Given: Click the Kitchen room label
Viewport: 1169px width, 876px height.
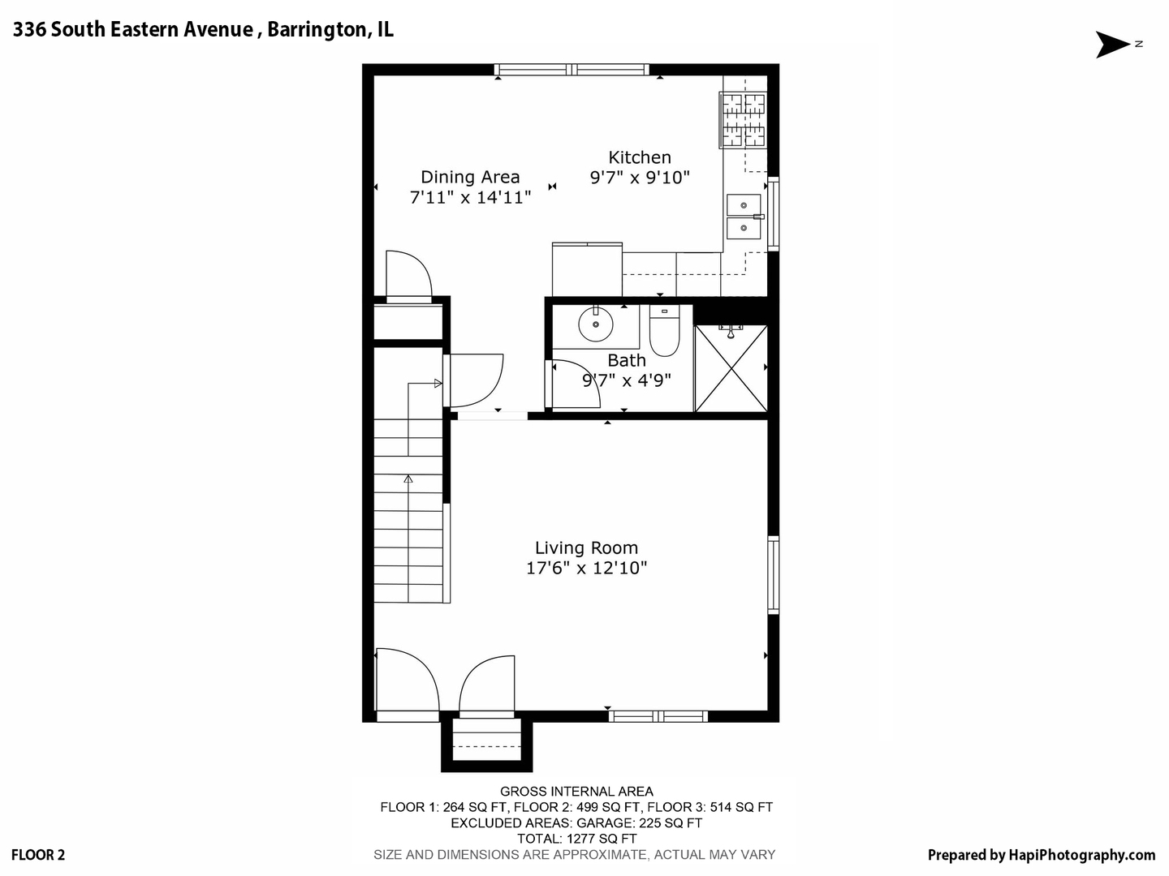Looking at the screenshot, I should coord(640,157).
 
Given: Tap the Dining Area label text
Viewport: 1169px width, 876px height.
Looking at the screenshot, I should coord(470,177).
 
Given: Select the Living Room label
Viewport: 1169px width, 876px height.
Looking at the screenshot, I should coord(586,548).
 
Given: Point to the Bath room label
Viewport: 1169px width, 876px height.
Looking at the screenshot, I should coord(627,360).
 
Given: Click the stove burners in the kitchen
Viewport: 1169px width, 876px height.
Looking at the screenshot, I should coord(744,120).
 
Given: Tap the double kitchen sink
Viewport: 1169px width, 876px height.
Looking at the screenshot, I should coord(744,217).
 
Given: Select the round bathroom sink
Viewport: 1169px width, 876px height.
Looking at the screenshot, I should coord(596,325).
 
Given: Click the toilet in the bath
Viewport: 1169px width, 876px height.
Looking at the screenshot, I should coord(664,333).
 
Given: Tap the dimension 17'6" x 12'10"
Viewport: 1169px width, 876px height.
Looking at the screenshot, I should coord(586,568).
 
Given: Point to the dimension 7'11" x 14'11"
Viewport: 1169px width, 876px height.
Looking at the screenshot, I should coord(470,196).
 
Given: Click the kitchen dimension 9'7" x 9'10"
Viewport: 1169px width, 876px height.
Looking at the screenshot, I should coord(640,177).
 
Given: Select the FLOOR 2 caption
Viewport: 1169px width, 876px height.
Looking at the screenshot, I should coord(39,854).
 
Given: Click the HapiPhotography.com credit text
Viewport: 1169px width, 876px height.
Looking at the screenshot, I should coord(1081,854).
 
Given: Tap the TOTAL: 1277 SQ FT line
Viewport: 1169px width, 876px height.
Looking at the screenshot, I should coord(576,839).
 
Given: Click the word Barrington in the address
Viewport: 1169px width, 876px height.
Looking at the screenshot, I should coord(317,30).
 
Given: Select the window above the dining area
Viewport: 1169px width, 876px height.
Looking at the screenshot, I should coord(572,70).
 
